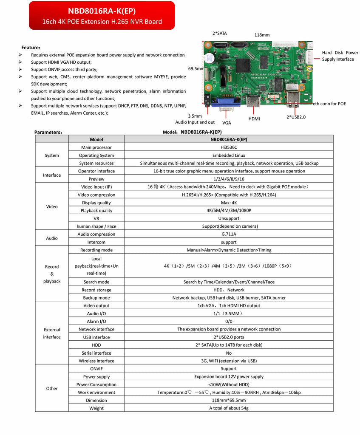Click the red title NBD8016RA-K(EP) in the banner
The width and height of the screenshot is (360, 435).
point(102,11)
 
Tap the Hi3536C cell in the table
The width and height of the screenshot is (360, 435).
point(229,147)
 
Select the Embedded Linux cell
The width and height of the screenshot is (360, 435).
point(229,155)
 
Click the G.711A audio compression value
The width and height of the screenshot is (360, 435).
point(229,234)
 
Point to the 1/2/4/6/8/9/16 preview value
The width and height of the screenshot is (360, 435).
point(229,179)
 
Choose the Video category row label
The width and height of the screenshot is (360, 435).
point(52,206)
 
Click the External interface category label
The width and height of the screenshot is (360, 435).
point(52,333)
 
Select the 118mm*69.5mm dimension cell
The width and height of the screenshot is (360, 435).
point(229,400)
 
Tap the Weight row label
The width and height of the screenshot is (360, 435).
point(96,408)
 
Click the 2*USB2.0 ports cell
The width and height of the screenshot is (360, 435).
point(229,337)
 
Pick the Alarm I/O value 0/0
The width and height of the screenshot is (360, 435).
point(229,322)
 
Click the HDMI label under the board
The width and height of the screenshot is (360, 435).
point(254,119)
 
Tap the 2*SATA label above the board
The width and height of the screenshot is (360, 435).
point(220,33)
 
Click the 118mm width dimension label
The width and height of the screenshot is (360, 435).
point(262,35)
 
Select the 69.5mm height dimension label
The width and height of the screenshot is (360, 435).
point(196,68)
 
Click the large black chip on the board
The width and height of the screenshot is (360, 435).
point(243,65)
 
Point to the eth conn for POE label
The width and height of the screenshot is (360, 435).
point(329,104)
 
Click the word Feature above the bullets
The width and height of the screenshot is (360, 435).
point(31,48)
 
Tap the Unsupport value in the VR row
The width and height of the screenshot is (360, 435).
point(229,218)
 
